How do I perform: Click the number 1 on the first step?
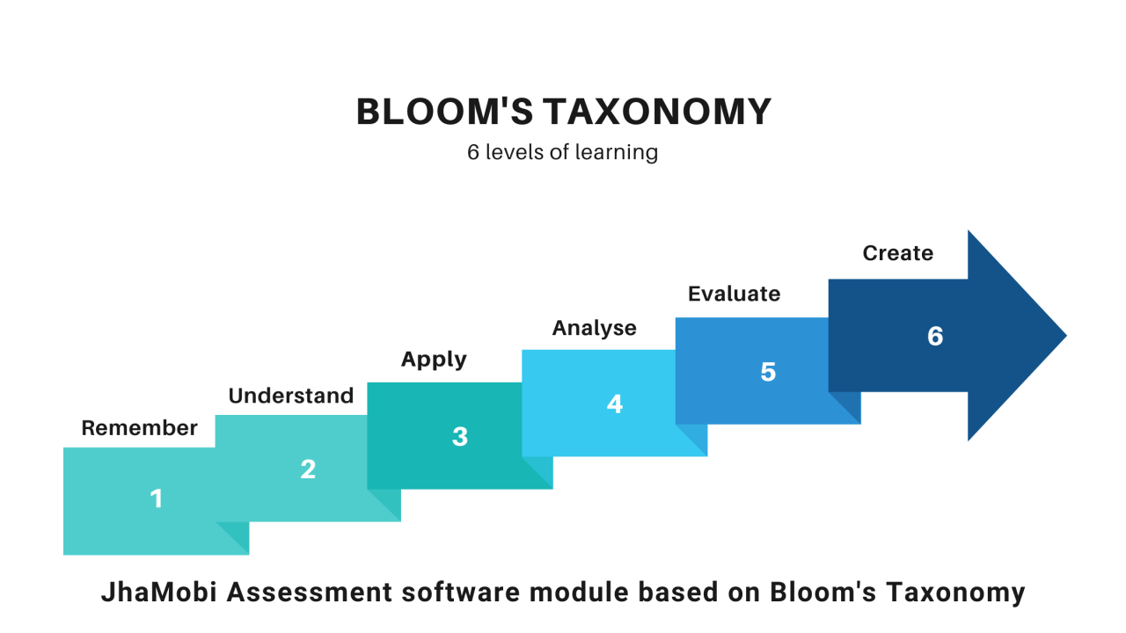coord(157,498)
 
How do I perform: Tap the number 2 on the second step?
coord(308,469)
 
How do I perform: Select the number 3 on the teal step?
coord(460,437)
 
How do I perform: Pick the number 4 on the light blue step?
coord(615,404)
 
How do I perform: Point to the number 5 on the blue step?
coord(768,372)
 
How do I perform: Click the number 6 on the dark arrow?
coord(935,336)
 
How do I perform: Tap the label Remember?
coord(139,428)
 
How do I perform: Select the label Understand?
coord(291,396)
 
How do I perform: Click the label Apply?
coord(434,360)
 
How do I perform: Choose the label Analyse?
coord(594,328)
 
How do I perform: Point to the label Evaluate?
coord(734,294)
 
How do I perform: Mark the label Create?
coord(898,253)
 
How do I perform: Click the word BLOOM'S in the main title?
coord(444,111)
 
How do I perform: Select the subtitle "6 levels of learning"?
coord(562,152)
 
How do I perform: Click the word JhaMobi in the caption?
coord(159,592)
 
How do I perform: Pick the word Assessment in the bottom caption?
coord(310,592)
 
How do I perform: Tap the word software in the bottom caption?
coord(460,592)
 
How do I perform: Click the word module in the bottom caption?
coord(579,592)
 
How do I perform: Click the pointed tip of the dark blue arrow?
coord(1066,335)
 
